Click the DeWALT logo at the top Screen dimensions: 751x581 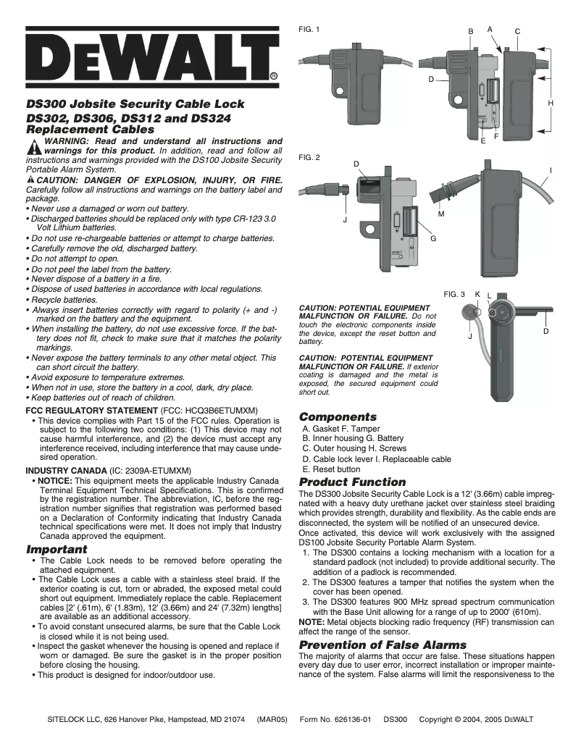pos(152,56)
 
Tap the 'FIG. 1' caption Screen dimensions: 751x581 pos(309,29)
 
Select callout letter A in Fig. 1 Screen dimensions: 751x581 pos(490,29)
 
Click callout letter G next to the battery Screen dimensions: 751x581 pos(433,238)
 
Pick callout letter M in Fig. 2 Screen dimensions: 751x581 pos(441,214)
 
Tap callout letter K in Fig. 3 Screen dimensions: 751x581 pos(477,293)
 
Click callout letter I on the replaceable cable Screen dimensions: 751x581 pos(551,170)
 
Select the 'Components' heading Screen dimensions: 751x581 pos(338,417)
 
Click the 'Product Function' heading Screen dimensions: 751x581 pos(353,482)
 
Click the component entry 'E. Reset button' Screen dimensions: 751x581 pos(331,469)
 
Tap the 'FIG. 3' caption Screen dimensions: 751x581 pos(454,294)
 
